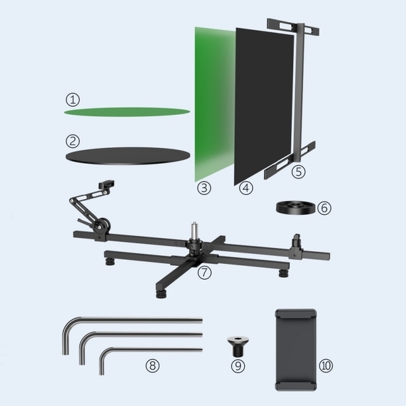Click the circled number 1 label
pyautogui.click(x=73, y=100)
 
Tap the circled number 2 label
pyautogui.click(x=73, y=141)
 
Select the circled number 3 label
pyautogui.click(x=204, y=188)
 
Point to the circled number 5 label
pyautogui.click(x=298, y=172)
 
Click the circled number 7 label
pyautogui.click(x=204, y=272)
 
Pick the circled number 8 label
pyautogui.click(x=152, y=365)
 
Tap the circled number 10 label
pyautogui.click(x=325, y=365)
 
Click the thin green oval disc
pyautogui.click(x=127, y=112)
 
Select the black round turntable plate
pyautogui.click(x=128, y=156)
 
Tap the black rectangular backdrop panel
pyautogui.click(x=264, y=106)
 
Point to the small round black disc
pyautogui.click(x=296, y=207)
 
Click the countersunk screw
pyautogui.click(x=238, y=346)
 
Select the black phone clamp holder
pyautogui.click(x=296, y=350)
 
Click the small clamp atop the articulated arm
pyautogui.click(x=107, y=185)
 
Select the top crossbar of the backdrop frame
pyautogui.click(x=293, y=27)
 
